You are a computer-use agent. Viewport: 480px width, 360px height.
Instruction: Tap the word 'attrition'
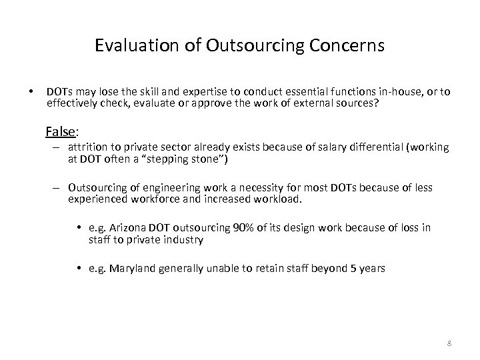(86, 147)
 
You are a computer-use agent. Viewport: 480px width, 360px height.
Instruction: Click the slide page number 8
(449, 343)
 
